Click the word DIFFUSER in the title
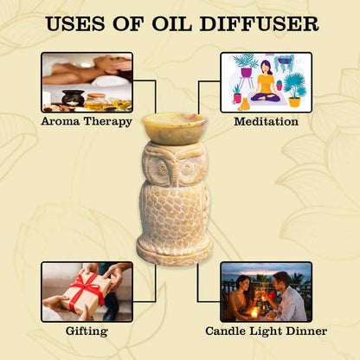(x=259, y=24)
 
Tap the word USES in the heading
(x=75, y=24)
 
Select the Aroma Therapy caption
(x=87, y=122)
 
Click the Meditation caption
(x=266, y=121)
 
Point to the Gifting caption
(x=87, y=331)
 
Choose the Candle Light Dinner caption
(x=266, y=331)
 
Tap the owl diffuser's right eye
(x=188, y=167)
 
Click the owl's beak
(x=175, y=173)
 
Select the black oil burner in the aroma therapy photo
(x=73, y=98)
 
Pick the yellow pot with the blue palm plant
(x=294, y=102)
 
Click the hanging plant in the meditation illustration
(x=285, y=62)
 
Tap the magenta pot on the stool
(x=246, y=72)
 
